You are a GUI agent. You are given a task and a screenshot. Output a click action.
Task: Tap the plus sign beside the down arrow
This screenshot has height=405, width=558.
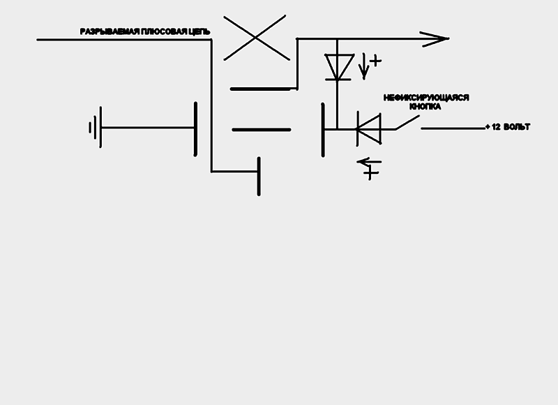(x=376, y=61)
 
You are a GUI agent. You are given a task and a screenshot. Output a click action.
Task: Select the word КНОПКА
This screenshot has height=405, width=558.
(x=425, y=108)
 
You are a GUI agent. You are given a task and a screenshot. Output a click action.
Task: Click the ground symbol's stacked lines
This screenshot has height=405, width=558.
(x=96, y=128)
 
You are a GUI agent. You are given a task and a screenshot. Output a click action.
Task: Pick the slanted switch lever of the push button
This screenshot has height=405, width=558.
(x=408, y=123)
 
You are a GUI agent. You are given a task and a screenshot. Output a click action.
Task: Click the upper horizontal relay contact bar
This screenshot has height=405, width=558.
(x=260, y=89)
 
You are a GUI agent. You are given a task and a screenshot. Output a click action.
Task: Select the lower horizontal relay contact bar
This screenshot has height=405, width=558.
(x=260, y=130)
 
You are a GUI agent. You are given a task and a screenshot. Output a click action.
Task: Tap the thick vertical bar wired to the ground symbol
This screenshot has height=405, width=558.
(x=195, y=128)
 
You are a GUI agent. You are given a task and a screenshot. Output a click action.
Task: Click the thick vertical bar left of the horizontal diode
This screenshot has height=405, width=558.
(x=324, y=130)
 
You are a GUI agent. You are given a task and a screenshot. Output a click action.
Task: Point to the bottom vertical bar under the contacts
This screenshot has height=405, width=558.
(x=259, y=176)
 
